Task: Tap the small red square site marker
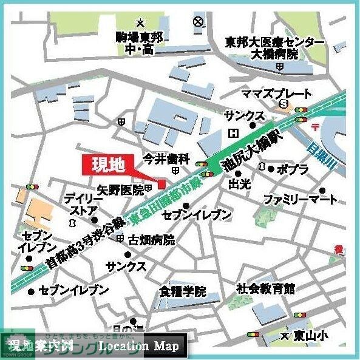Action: (x=161, y=184)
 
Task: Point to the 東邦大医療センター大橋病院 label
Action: (x=275, y=48)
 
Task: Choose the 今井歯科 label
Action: (x=166, y=158)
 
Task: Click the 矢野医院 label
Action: (x=120, y=189)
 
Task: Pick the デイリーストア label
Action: (x=80, y=204)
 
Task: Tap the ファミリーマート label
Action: (x=299, y=199)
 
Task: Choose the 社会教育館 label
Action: (x=265, y=287)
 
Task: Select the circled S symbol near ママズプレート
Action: (x=284, y=104)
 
